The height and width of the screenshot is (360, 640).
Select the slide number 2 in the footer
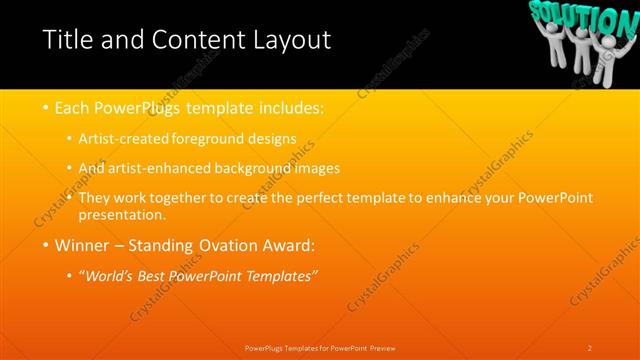click(x=590, y=347)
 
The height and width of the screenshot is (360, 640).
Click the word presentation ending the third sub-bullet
click(x=127, y=214)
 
